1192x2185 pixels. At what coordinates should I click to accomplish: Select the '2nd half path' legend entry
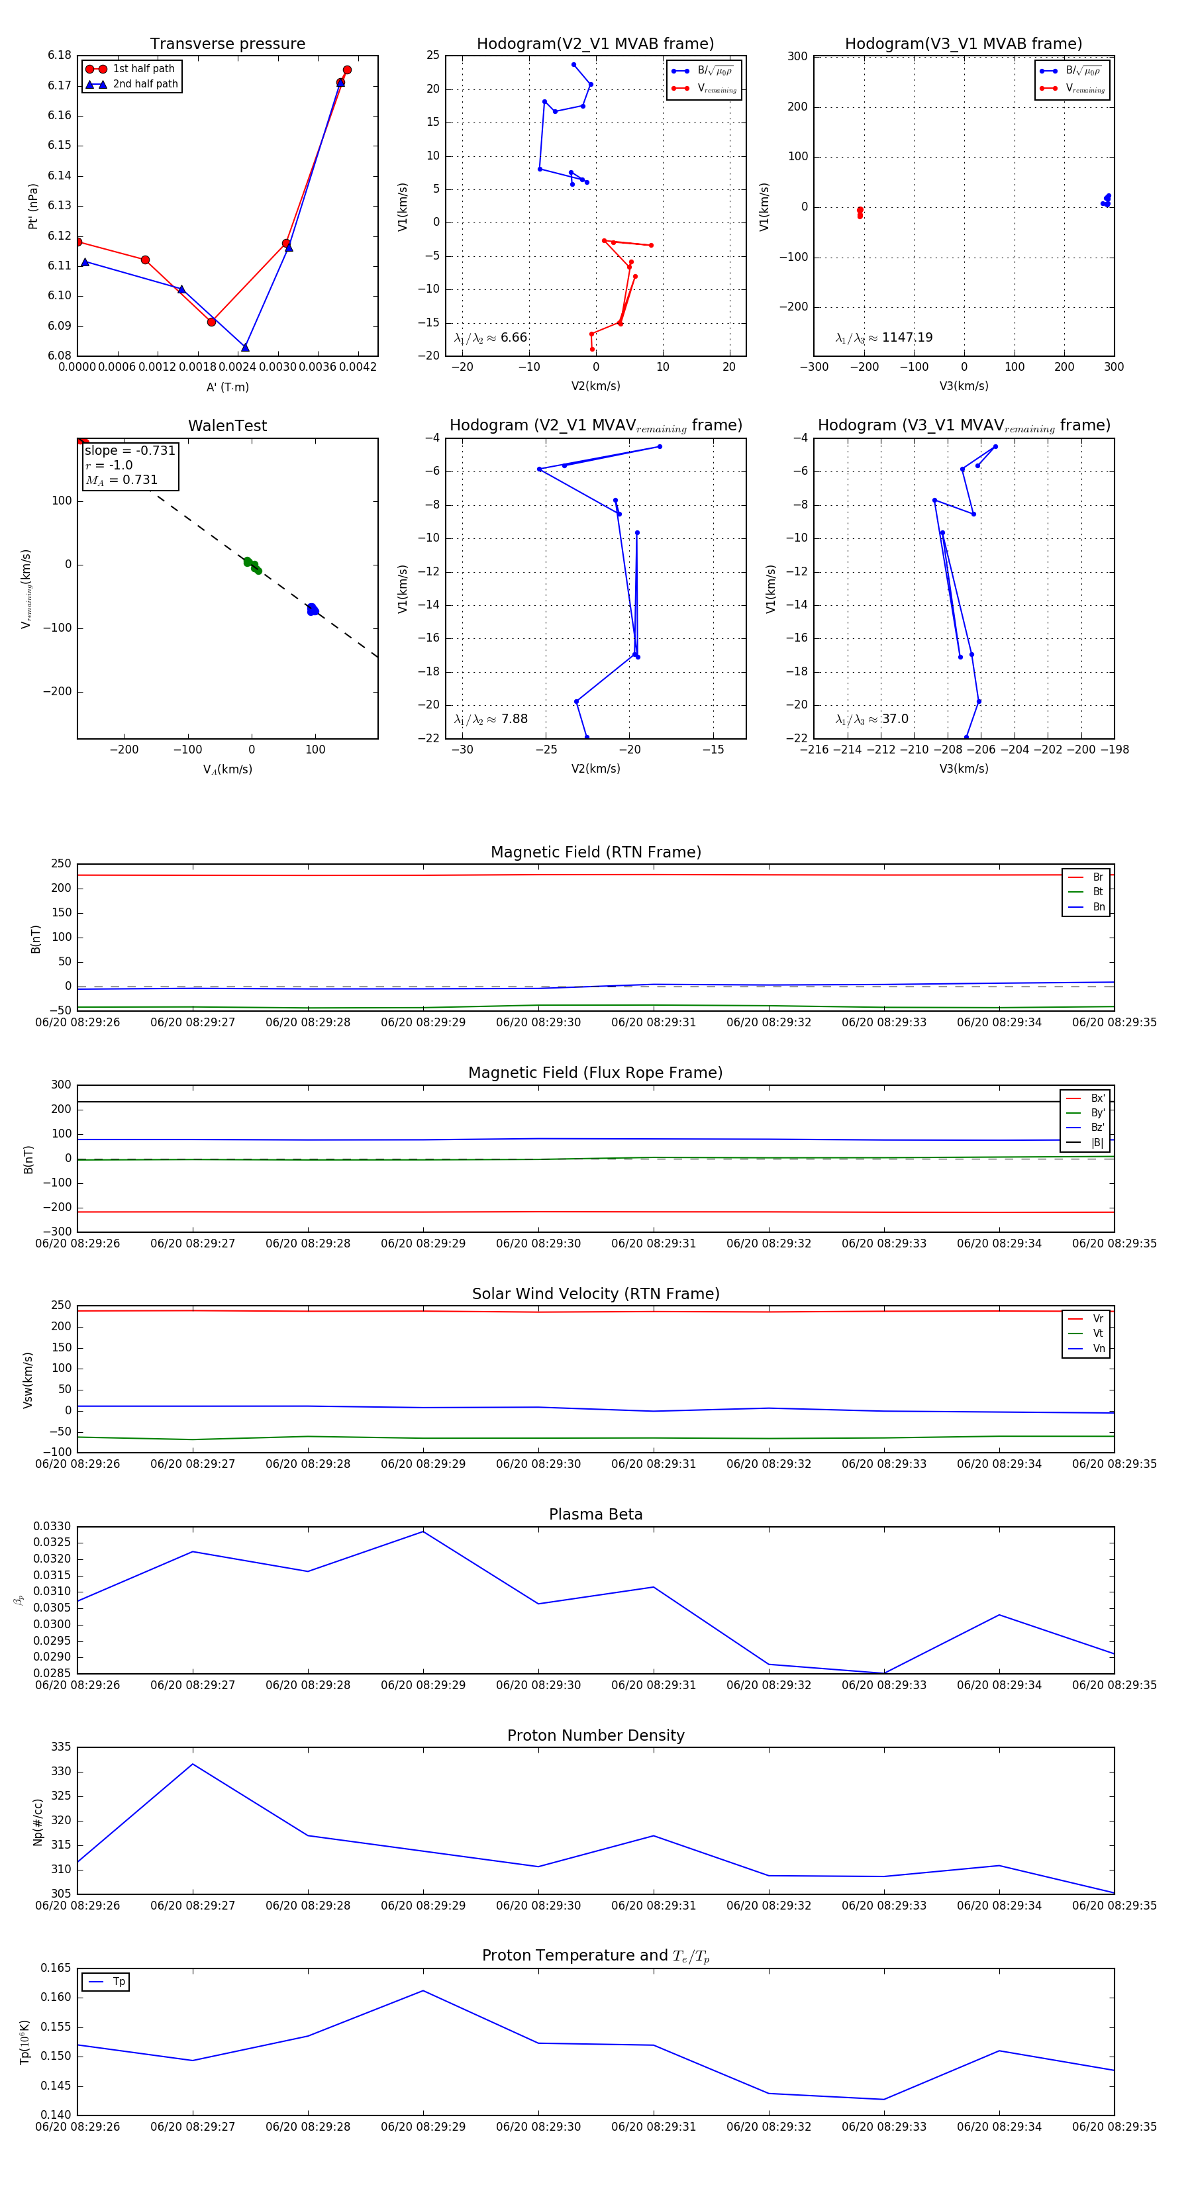(145, 84)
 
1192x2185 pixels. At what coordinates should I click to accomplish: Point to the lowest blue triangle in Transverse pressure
(245, 348)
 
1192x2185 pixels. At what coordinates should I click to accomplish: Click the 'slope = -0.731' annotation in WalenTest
(130, 450)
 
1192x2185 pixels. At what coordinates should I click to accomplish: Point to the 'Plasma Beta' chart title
(595, 1514)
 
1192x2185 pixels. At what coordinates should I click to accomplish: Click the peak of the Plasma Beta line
(423, 1531)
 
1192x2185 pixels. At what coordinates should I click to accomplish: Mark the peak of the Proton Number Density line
(193, 1765)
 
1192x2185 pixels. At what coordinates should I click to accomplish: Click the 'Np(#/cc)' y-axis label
(37, 1822)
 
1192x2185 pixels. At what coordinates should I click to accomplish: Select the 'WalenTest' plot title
(227, 426)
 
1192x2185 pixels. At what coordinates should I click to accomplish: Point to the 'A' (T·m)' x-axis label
(227, 387)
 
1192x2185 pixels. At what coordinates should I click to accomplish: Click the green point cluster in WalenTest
(252, 565)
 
